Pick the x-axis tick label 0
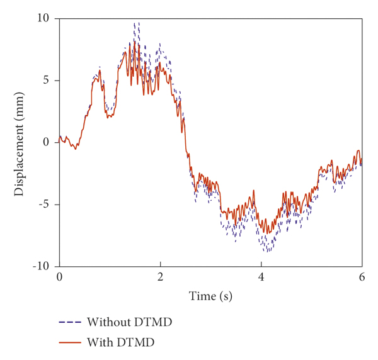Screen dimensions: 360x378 click(59, 278)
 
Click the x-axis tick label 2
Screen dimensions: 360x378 click(160, 278)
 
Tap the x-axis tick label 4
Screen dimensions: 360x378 click(261, 278)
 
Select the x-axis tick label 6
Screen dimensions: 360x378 click(362, 278)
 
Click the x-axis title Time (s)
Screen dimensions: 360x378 click(210, 295)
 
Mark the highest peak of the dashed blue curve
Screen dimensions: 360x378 click(135, 23)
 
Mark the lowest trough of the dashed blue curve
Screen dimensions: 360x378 click(267, 252)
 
